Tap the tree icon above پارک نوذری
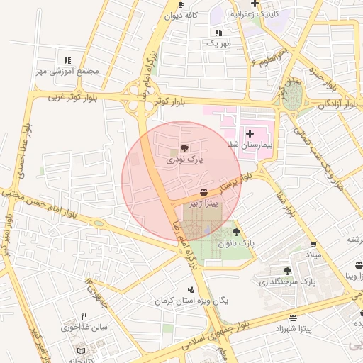(x=184, y=149)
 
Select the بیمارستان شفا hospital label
(x=250, y=144)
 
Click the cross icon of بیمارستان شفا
(x=250, y=133)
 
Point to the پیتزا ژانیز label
(x=203, y=203)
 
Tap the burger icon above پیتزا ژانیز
(x=204, y=192)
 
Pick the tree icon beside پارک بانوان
(x=236, y=231)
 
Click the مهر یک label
(x=218, y=44)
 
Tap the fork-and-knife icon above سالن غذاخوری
(x=84, y=316)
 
